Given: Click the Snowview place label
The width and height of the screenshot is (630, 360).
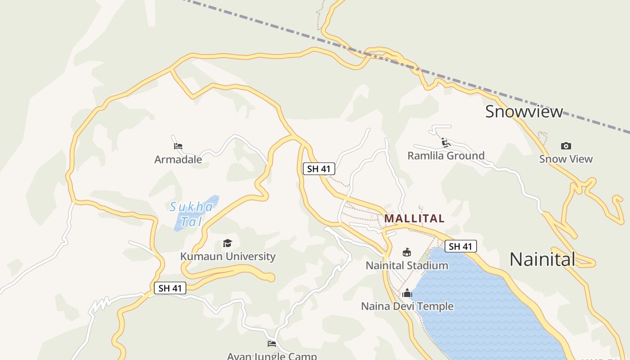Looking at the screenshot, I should pos(524,112).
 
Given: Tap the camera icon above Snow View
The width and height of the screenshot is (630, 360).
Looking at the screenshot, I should pos(566,146).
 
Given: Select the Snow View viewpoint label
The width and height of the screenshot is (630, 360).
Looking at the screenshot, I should pos(566,159).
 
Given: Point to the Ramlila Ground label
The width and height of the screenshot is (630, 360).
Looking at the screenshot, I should pos(446,156).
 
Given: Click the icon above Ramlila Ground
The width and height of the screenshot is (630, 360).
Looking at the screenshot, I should pos(446,143).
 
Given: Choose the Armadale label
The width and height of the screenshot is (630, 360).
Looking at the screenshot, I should pos(178,159).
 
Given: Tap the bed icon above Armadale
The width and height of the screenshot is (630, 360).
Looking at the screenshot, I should pos(178,146).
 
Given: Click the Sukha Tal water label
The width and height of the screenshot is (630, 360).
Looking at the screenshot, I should pos(191,214).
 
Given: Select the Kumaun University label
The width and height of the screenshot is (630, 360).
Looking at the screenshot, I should pos(228,256).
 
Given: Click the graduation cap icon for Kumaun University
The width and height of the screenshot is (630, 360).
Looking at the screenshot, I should pos(228,243).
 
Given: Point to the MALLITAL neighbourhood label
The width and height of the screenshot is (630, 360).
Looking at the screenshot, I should pos(414,219).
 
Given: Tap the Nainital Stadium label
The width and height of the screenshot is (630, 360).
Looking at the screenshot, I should pos(407,265).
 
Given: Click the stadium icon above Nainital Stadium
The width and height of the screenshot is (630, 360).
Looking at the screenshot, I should pos(407,252).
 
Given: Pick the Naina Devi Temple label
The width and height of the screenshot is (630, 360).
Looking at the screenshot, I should pos(407,306).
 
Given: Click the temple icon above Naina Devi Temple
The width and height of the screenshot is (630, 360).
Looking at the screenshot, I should pos(407,293).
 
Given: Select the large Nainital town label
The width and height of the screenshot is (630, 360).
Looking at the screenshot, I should pos(542,259).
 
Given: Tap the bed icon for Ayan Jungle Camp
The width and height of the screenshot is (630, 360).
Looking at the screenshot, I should pos(272,344).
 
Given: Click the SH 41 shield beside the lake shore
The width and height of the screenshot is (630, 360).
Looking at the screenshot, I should pos(460,246).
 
